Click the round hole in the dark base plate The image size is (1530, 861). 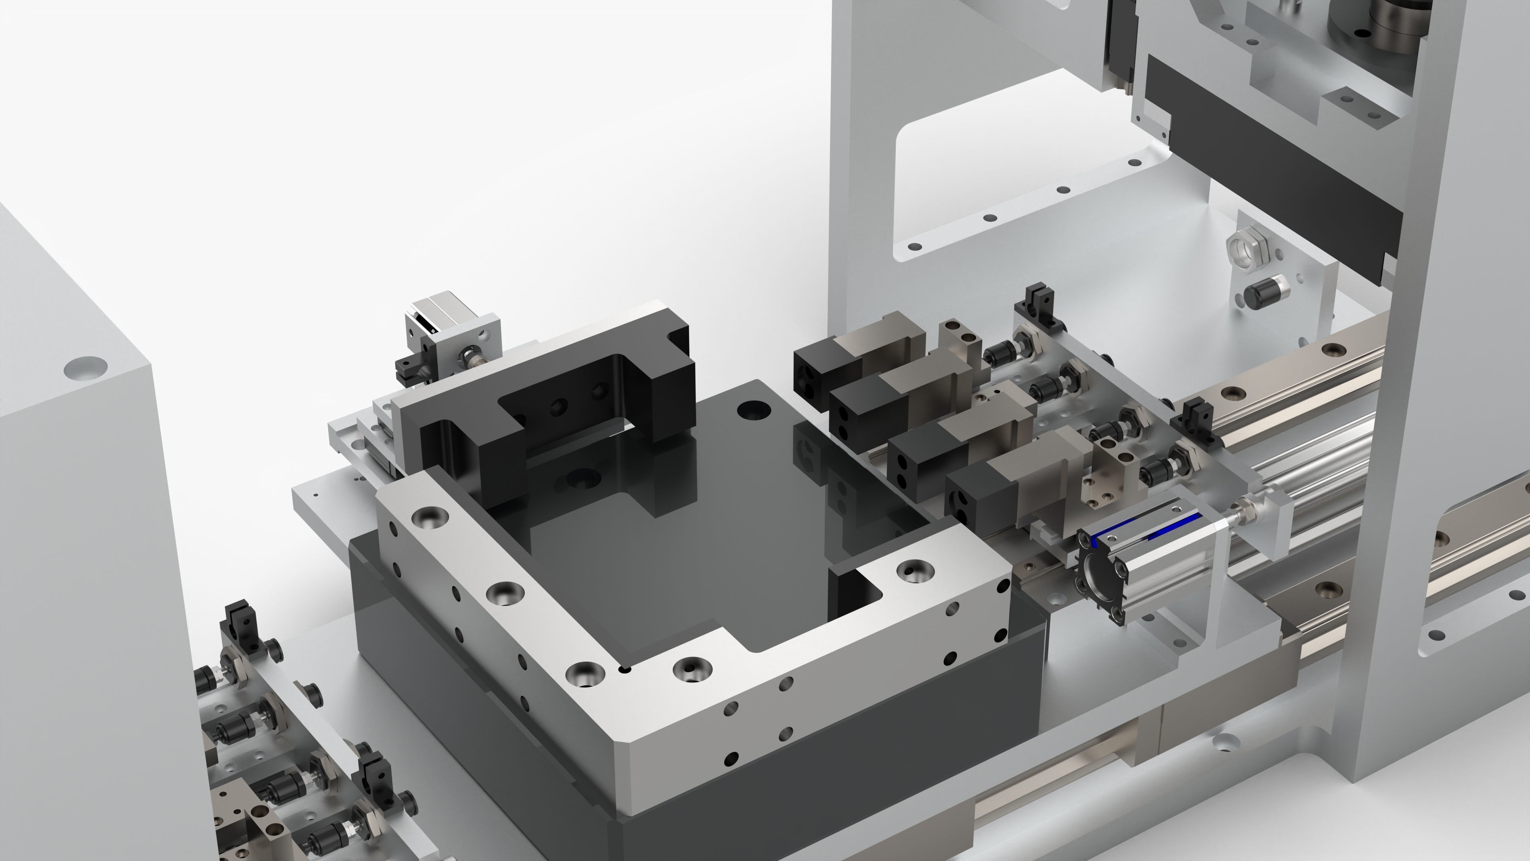coord(753,409)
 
